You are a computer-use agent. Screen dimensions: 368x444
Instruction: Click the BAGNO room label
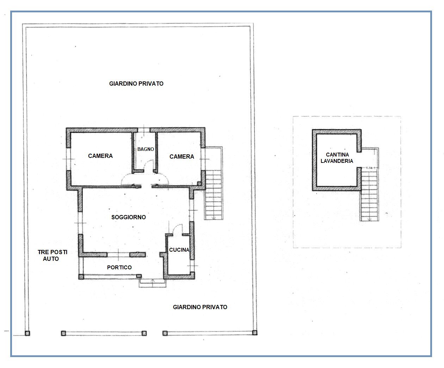click(x=146, y=149)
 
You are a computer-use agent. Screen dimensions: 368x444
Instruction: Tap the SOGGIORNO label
click(x=129, y=217)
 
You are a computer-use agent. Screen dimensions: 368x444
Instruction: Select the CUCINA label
click(x=179, y=250)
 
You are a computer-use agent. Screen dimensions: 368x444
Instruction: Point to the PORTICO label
click(x=119, y=268)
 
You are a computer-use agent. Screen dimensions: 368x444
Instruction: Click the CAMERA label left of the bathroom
click(x=100, y=156)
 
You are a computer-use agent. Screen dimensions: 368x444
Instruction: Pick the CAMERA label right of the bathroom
click(x=182, y=157)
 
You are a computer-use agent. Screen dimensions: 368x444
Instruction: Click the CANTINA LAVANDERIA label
click(x=337, y=158)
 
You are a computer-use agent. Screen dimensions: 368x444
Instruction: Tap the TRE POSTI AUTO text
click(x=52, y=256)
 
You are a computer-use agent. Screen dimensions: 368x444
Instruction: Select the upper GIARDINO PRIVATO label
click(x=136, y=84)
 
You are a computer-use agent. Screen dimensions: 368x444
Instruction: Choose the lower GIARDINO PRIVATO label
click(x=200, y=307)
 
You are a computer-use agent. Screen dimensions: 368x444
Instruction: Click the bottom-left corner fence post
click(x=27, y=333)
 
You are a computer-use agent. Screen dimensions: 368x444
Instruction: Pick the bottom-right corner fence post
click(x=254, y=332)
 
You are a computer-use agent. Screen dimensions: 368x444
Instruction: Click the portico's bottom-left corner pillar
click(x=81, y=277)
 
